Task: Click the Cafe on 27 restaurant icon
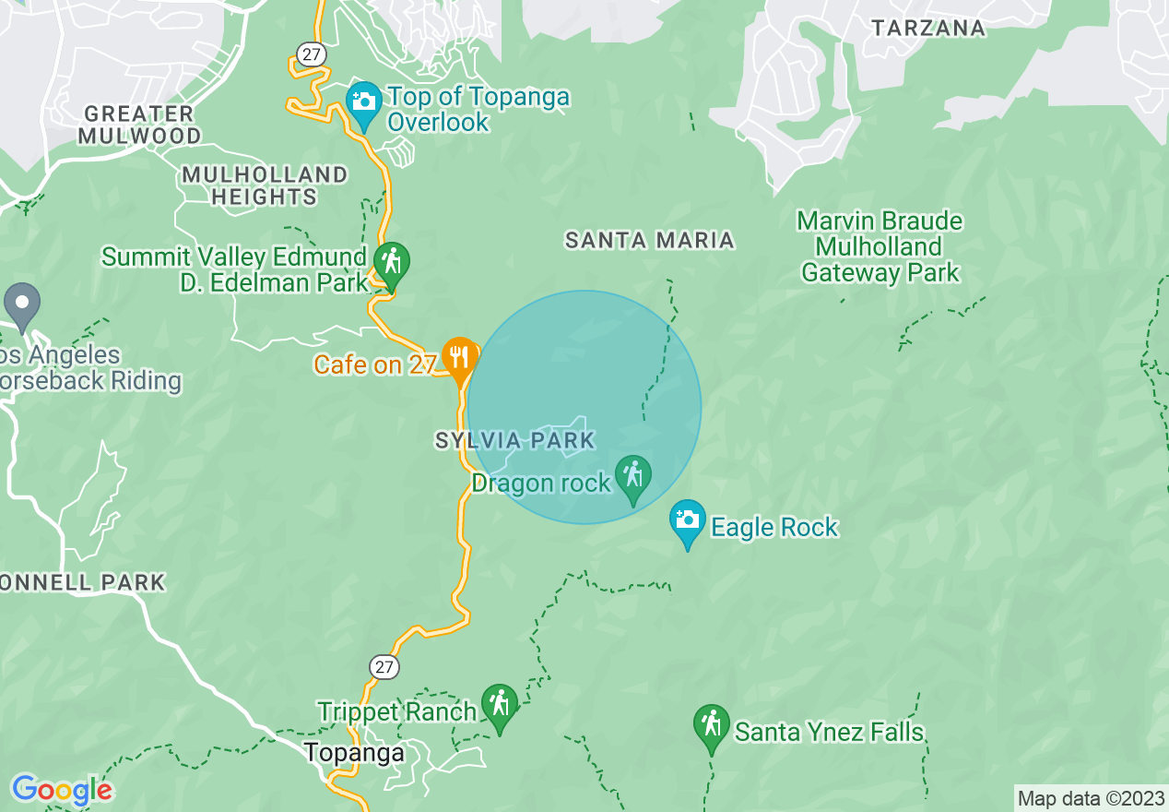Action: (x=458, y=356)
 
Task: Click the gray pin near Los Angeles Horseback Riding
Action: (x=22, y=305)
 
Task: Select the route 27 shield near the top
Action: (x=312, y=54)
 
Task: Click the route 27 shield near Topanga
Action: (x=384, y=666)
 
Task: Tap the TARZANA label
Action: (x=928, y=28)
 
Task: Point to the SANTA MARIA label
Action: (x=649, y=241)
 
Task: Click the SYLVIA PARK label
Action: (x=515, y=441)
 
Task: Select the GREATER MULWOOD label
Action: (x=139, y=125)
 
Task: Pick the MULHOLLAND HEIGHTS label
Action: (x=265, y=185)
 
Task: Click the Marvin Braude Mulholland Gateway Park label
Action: (x=880, y=247)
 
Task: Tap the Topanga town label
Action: (x=354, y=753)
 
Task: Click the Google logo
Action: (x=62, y=790)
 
